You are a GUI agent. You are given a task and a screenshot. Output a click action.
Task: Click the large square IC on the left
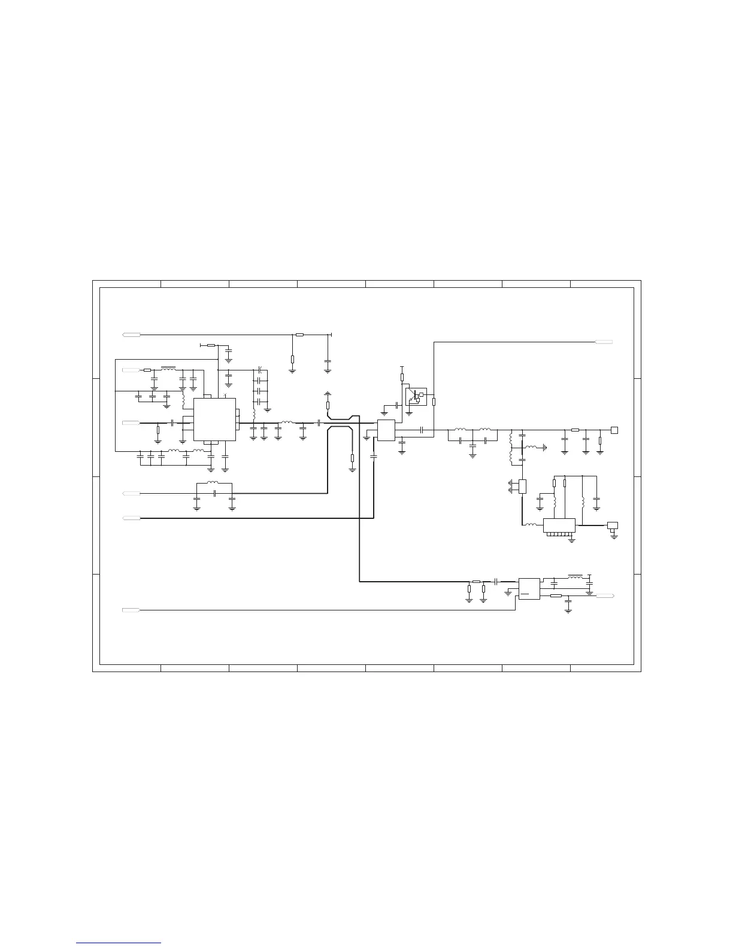214,420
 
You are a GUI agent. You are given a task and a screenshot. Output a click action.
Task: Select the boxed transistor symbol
416,396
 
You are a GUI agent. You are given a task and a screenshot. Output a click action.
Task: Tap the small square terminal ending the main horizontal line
614,430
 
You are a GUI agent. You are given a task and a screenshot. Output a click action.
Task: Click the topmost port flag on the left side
131,335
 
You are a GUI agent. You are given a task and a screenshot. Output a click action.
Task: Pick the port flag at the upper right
604,342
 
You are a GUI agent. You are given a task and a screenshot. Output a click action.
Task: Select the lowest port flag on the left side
131,610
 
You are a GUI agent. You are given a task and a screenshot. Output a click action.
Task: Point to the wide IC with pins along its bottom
559,525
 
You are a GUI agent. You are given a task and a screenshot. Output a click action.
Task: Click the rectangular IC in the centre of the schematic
386,430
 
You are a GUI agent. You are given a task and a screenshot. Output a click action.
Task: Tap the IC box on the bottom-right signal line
528,588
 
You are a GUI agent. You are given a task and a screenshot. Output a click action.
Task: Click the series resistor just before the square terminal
575,430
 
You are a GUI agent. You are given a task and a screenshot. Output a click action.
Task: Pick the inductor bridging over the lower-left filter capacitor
212,482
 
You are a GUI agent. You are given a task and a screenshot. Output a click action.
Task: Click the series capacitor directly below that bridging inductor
214,493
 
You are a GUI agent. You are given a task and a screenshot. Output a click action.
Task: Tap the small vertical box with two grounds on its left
522,486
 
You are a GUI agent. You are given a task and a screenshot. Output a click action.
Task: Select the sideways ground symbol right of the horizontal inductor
544,446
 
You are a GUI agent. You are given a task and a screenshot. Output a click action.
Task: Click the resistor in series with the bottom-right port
556,596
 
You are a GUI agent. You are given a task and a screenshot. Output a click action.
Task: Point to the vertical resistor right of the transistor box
434,401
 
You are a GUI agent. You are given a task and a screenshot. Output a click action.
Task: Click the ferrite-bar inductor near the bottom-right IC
575,576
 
